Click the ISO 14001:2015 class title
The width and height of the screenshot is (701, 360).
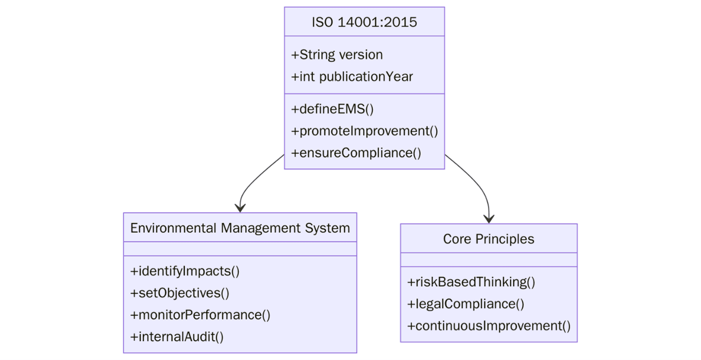[364, 22]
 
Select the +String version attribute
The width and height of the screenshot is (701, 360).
[337, 55]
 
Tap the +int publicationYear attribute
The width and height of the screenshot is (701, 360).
[352, 77]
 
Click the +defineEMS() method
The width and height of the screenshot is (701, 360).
[332, 109]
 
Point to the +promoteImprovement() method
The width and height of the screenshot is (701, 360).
[364, 131]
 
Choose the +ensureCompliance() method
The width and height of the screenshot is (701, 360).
[356, 153]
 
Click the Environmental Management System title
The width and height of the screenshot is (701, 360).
[240, 228]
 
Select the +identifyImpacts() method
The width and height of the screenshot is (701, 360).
[185, 271]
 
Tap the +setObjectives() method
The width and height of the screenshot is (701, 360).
[180, 293]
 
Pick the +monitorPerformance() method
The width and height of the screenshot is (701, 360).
[200, 315]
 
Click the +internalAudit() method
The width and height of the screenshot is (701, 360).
[177, 337]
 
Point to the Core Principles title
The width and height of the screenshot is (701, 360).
[489, 239]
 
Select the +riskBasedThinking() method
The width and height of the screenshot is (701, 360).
[471, 282]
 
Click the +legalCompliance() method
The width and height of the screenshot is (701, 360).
[466, 304]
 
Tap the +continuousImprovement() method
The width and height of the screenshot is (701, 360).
[489, 325]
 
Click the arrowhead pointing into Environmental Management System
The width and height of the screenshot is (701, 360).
[240, 207]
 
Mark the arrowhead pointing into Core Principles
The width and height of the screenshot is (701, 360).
[489, 219]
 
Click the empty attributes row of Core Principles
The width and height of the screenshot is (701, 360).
[489, 260]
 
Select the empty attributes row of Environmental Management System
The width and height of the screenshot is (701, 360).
[240, 249]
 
